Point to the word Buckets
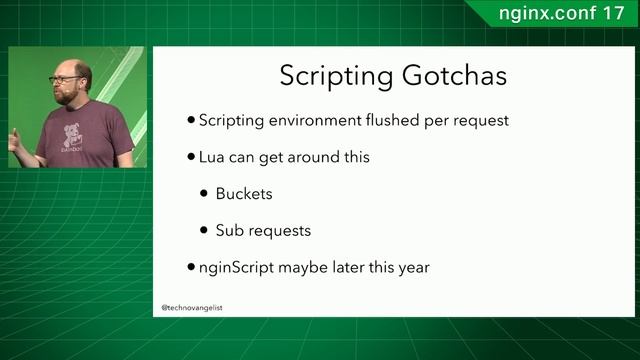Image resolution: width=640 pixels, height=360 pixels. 244,193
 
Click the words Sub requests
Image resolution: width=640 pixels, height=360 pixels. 263,230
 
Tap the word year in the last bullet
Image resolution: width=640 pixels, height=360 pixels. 412,268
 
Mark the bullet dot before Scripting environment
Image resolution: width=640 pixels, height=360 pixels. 191,121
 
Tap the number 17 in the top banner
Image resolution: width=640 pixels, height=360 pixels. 613,14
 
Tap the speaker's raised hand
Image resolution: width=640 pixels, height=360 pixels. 14,140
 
